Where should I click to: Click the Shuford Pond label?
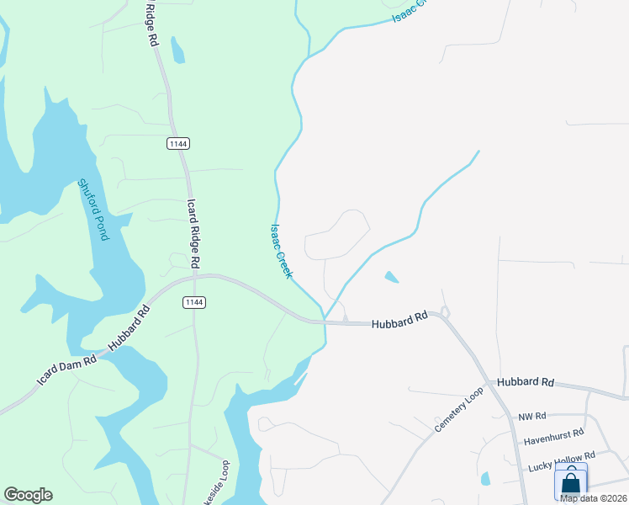point(93,210)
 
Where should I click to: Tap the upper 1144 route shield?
point(177,143)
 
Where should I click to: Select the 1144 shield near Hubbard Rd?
point(194,302)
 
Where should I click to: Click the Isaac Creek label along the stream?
point(281,251)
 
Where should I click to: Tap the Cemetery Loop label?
point(459,411)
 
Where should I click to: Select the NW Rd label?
point(532,416)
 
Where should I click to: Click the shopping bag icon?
point(571,483)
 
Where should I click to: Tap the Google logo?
point(28,495)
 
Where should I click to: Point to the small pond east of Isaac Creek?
point(392,276)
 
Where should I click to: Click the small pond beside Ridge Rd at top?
point(177,50)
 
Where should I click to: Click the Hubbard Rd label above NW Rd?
point(526,382)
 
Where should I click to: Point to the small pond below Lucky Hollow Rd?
point(486,480)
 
